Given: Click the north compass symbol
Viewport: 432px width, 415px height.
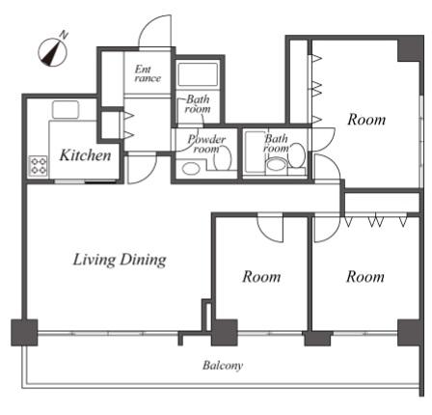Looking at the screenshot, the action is click(x=52, y=52).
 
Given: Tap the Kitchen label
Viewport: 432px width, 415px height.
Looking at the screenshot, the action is click(x=86, y=155).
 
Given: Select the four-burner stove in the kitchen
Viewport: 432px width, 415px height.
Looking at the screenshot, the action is click(x=39, y=166).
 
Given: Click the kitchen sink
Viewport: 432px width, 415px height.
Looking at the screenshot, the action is click(x=66, y=110).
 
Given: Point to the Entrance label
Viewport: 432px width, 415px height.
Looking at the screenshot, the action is click(x=148, y=73).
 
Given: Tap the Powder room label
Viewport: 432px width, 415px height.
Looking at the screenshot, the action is click(x=206, y=144).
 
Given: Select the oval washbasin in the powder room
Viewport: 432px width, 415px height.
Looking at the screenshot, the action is click(x=190, y=169).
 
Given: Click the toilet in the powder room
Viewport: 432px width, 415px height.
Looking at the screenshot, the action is click(x=223, y=158).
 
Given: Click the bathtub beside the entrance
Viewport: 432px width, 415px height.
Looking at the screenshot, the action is click(x=198, y=74).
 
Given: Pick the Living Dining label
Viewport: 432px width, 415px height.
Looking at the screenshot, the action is click(x=120, y=260).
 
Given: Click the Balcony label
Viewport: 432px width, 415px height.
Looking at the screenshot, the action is click(x=223, y=366).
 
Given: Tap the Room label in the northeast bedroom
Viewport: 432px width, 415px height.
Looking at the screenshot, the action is click(x=366, y=120).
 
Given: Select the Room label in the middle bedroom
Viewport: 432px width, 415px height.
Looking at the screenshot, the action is click(x=261, y=276).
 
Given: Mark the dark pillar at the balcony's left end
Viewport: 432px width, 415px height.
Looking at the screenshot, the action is click(x=24, y=333).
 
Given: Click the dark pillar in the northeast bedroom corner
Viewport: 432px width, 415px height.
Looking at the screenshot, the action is click(x=410, y=48).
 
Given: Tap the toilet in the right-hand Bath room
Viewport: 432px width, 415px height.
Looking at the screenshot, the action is click(x=297, y=156).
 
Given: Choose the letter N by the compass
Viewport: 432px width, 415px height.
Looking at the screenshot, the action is click(x=64, y=35).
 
